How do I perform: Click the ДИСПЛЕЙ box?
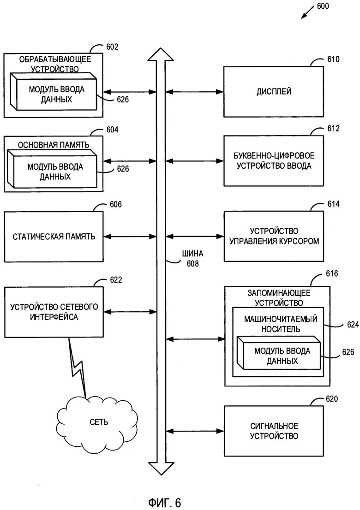pos(274,92)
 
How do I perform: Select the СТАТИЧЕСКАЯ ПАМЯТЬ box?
pos(54,237)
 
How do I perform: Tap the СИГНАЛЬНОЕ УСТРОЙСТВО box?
pos(274,431)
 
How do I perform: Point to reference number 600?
pos(323,7)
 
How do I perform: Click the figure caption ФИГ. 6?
pos(165,501)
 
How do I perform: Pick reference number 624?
pos(353,325)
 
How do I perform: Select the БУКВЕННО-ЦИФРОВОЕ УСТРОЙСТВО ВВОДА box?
pos(274,160)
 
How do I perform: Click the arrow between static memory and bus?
pos(130,237)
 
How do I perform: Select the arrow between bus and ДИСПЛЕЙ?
pos(194,92)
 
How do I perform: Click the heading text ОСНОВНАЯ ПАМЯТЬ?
pos(53,145)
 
